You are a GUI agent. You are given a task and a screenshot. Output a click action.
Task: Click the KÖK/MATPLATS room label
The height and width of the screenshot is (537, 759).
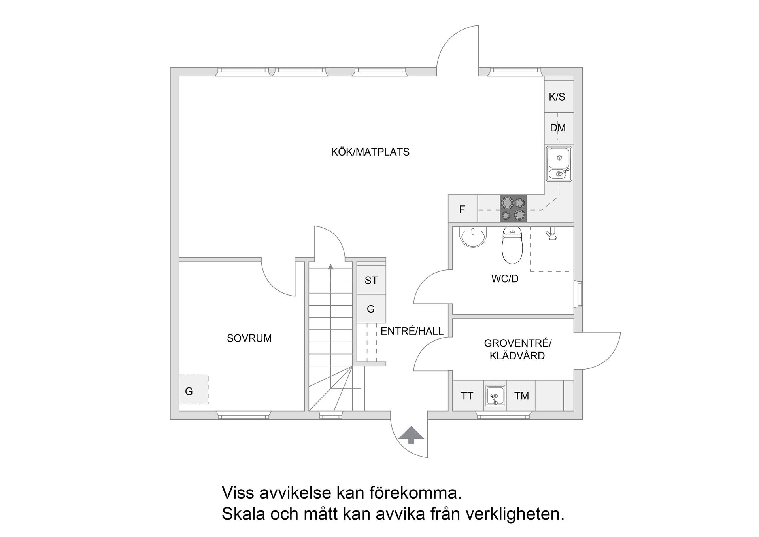[x=370, y=152]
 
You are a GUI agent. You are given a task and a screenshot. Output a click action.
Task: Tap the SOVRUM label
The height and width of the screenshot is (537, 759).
[x=249, y=338]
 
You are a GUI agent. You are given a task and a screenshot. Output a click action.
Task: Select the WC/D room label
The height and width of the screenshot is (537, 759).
[x=505, y=279]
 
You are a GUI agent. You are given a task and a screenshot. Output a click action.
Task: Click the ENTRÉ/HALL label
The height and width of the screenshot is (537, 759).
[x=412, y=331]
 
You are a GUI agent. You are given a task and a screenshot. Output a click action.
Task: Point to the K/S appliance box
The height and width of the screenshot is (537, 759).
[x=557, y=97]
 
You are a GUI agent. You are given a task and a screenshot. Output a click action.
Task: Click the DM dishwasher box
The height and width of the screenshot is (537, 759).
[x=558, y=128]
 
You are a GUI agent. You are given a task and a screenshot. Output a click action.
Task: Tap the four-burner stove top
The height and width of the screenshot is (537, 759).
[x=514, y=208]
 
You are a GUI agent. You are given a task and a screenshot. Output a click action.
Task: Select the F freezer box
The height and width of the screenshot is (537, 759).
[x=462, y=209]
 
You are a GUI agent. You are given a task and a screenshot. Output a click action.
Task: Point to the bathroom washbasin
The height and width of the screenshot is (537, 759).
[x=473, y=237]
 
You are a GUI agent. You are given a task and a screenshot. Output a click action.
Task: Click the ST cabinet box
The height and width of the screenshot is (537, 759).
[x=371, y=280]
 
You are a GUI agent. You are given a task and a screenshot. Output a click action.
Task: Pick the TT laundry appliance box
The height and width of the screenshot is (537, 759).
[x=467, y=396]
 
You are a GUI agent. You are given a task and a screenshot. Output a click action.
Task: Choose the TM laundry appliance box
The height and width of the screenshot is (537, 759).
[x=521, y=396]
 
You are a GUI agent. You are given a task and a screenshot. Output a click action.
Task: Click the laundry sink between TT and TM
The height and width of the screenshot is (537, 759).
[x=495, y=396]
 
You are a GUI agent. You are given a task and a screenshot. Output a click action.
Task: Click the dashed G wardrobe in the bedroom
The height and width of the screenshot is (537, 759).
[x=193, y=389]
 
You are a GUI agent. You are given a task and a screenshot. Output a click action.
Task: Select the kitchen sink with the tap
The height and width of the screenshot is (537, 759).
[x=559, y=164]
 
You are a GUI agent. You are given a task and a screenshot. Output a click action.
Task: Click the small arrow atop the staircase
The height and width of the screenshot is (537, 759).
[x=330, y=267]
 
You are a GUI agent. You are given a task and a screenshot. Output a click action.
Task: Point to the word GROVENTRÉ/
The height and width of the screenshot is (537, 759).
[x=517, y=343]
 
